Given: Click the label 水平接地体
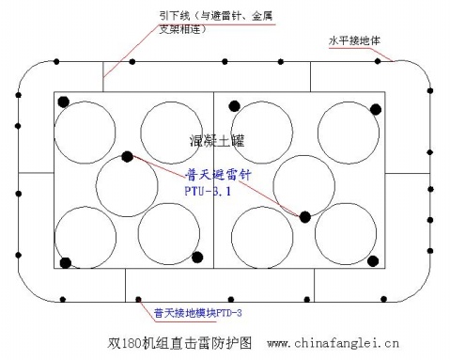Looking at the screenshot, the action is coord(355,41).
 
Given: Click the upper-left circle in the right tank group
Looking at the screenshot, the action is coord(260,130).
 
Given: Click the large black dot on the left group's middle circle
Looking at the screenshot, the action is coord(128,156).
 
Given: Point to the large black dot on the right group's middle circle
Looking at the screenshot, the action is coord(305,217).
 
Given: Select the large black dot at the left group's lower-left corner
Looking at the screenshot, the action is coord(66,262).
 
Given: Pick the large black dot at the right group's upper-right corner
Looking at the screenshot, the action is coord(377,108).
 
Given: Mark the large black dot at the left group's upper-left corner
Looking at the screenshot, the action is coord(66,101).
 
